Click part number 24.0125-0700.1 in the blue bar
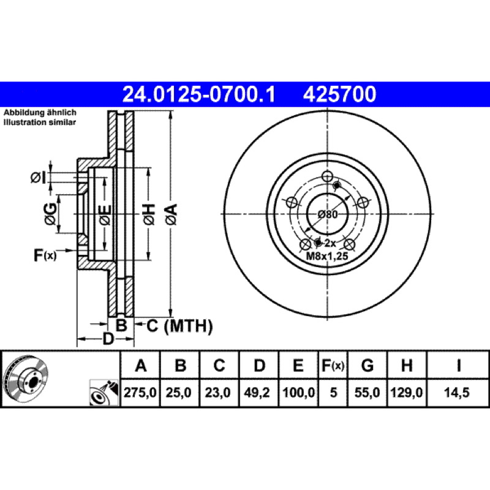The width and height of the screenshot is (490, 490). pos(198,94)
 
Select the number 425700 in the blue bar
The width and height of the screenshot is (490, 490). pos(339,94)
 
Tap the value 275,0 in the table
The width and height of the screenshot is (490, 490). pos(140,393)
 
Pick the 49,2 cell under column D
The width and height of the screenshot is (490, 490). pos(257,393)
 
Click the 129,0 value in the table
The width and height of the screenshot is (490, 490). pos(407,393)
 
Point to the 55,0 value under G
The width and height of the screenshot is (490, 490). pos(367,393)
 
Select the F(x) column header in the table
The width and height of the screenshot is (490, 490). pos(333,365)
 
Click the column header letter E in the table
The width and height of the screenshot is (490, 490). pos(298,365)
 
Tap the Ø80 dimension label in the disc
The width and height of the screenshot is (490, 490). pos(328,214)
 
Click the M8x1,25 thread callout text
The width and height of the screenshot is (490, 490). pos(327,256)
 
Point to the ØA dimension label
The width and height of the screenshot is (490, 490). pos(171,214)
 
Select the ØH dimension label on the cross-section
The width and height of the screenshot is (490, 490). pos(149,214)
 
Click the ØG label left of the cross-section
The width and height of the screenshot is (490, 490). pos(50,214)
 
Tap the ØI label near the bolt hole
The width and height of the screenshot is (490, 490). pos(39,178)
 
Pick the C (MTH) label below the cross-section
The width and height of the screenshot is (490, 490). pos(179,326)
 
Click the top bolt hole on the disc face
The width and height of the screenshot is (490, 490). pos(327,176)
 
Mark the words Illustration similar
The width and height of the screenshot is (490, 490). pos(40,122)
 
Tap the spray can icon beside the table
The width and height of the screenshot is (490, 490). pos(104,393)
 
